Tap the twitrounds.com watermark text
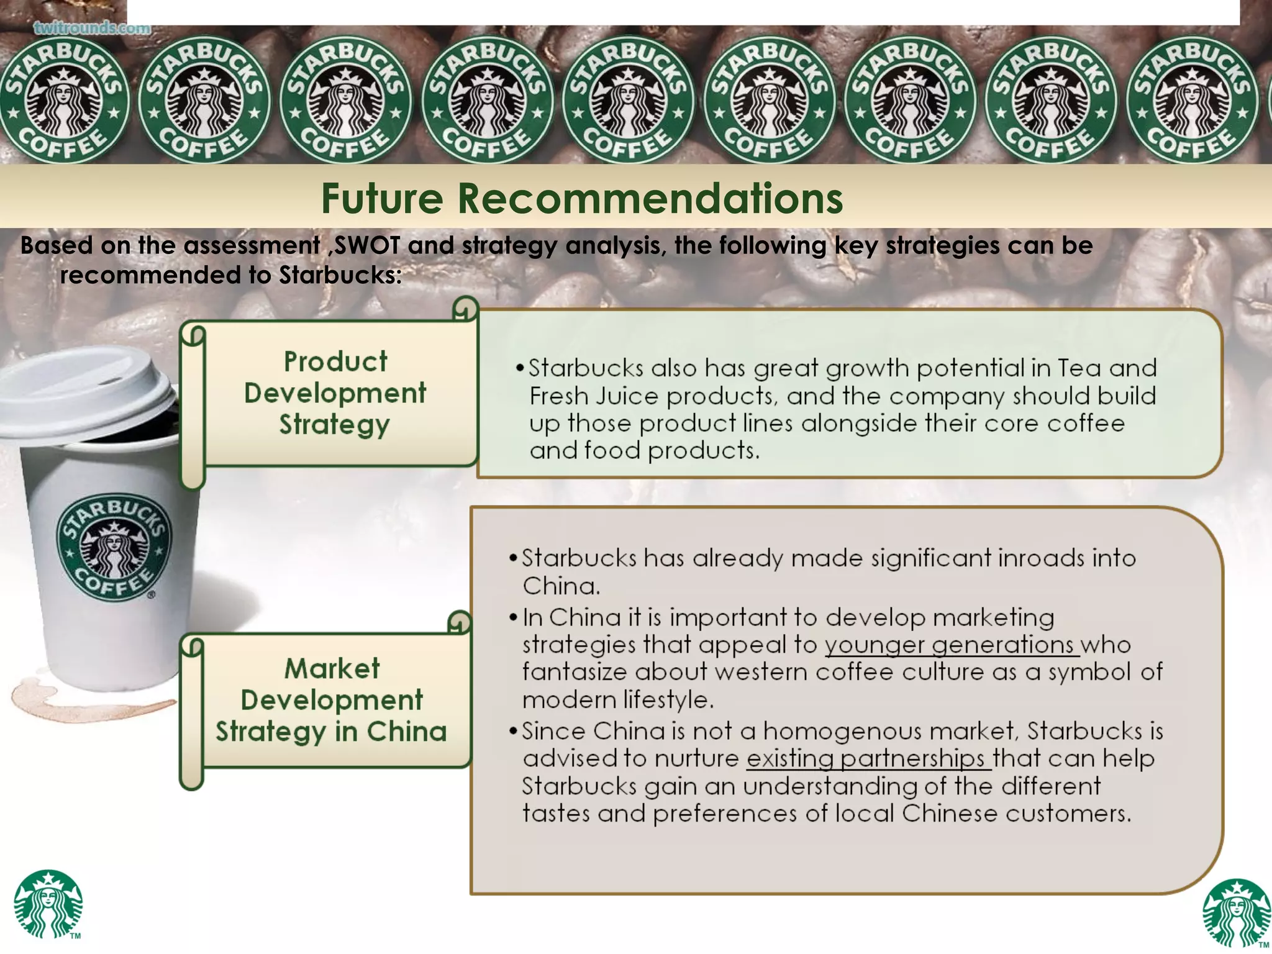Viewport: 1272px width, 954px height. click(x=92, y=29)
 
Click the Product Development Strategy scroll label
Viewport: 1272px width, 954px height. click(x=335, y=393)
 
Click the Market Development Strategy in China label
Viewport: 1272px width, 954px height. click(x=332, y=700)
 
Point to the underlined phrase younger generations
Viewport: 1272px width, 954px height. click(x=950, y=645)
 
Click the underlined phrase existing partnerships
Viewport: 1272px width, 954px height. click(x=868, y=759)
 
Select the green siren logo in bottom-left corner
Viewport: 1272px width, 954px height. click(x=48, y=903)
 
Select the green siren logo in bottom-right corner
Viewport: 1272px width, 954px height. click(x=1236, y=913)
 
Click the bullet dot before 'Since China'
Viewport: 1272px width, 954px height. click(x=513, y=731)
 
